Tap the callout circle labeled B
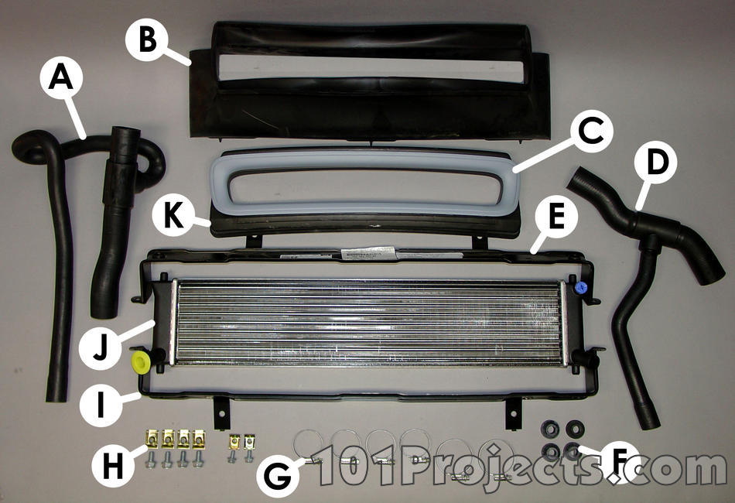tap(147, 39)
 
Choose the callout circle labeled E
tap(556, 218)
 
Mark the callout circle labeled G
tap(279, 475)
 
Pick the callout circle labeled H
tap(113, 466)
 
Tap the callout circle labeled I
tap(101, 405)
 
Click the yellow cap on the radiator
tap(140, 363)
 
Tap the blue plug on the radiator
tap(581, 287)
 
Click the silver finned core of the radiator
tap(368, 322)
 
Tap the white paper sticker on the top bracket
tap(367, 254)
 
